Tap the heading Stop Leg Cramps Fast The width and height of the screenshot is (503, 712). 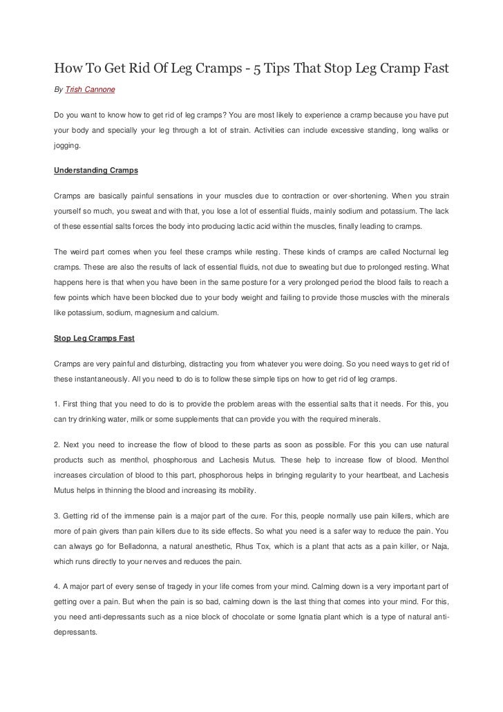(93, 339)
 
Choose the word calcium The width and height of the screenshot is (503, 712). (202, 312)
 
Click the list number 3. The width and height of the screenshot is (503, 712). (55, 515)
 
